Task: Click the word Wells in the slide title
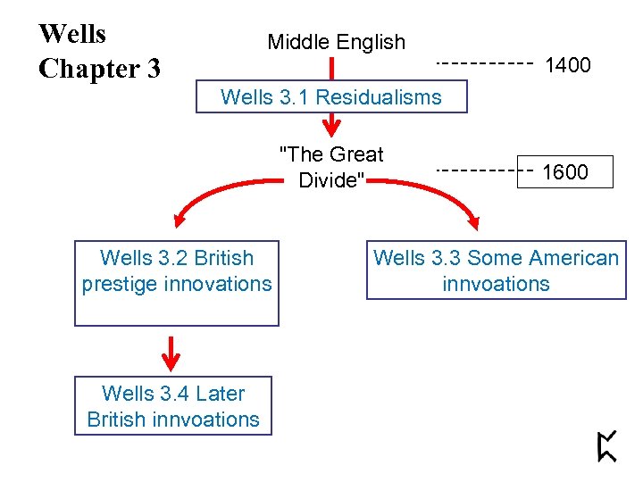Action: coord(72,34)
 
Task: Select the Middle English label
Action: coord(336,42)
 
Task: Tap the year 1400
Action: coord(568,65)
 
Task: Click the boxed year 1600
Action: coord(566,172)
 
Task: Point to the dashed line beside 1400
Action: coord(483,64)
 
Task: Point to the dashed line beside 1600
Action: coord(483,169)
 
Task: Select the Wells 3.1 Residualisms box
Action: coord(330,97)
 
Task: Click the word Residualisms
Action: coord(378,97)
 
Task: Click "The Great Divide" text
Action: coord(331,167)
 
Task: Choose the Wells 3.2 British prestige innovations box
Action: coord(177,283)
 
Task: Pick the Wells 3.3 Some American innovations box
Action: coord(496,271)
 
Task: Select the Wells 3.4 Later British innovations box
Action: coord(173,406)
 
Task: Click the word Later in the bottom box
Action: coord(220,394)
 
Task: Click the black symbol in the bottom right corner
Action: coord(607,445)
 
